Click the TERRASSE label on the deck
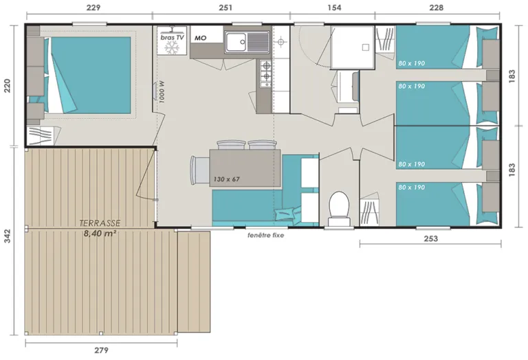coord(100,223)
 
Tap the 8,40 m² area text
coord(100,233)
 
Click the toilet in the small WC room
coord(338,207)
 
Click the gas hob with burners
coord(265,70)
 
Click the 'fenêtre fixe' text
coord(265,235)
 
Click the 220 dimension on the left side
coord(8,85)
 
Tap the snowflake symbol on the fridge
coord(173,50)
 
